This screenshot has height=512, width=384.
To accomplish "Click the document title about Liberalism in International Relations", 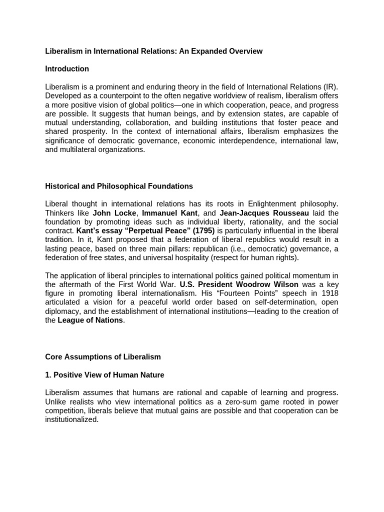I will coord(153,51).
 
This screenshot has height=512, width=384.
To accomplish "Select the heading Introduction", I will coord(67,68).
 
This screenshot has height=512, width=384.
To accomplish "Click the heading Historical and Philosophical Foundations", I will coord(118,186).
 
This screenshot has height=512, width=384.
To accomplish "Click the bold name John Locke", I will coord(114,212).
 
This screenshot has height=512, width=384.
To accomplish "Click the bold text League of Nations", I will coord(90,320).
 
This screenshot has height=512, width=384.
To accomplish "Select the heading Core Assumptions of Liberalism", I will coord(103,356).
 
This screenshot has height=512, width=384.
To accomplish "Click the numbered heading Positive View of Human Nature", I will coord(104,374).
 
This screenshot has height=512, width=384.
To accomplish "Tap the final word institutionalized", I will coord(71,419).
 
